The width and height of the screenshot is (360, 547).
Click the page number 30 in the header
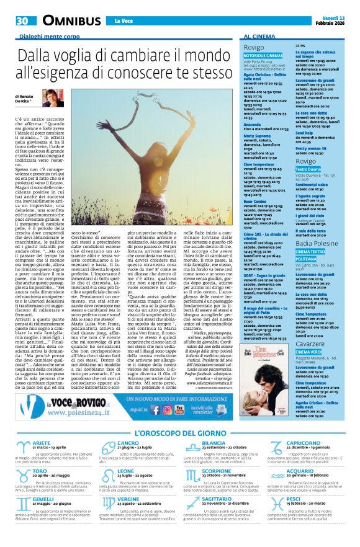(x=22, y=20)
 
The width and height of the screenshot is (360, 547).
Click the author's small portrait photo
(x=53, y=97)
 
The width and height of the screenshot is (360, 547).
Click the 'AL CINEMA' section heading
(x=260, y=37)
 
